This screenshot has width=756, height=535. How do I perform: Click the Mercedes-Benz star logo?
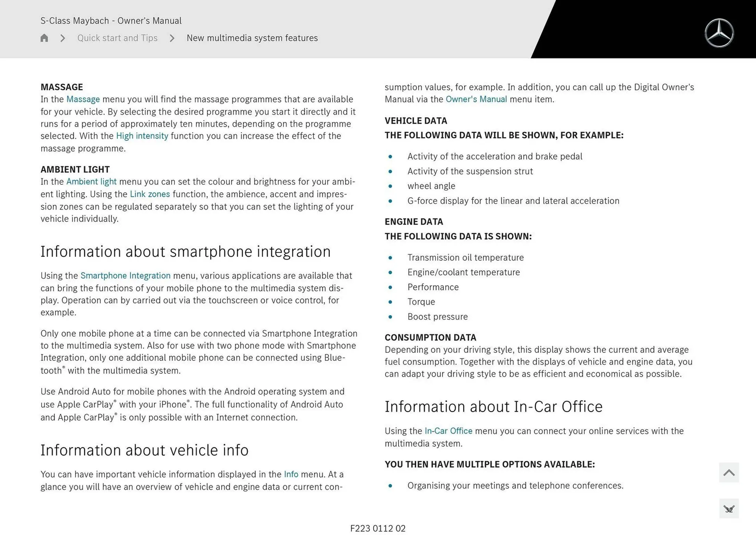(719, 33)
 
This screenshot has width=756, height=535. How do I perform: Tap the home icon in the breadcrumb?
(44, 38)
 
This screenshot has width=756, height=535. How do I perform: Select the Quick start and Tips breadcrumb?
(117, 38)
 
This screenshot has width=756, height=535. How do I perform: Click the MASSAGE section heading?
(62, 87)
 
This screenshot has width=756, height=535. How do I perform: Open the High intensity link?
(142, 136)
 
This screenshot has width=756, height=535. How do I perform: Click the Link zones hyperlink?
(150, 194)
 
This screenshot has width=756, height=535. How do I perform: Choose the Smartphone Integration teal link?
(125, 276)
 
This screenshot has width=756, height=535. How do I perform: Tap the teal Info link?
(291, 474)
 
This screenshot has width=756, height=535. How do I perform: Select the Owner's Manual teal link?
(476, 99)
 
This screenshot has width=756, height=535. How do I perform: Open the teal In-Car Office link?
(448, 431)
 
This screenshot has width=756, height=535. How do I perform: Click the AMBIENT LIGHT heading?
(75, 169)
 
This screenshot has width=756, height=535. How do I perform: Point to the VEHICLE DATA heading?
(416, 121)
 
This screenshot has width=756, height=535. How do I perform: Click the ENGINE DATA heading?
(414, 222)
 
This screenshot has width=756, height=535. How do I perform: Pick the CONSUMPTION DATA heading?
(430, 338)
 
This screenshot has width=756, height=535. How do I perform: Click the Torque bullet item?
(421, 302)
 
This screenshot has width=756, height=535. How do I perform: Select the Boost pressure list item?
(437, 317)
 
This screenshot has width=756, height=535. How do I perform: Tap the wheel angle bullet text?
(431, 186)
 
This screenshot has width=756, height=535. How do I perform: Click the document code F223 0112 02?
(378, 528)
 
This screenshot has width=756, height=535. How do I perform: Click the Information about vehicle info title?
(145, 450)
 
